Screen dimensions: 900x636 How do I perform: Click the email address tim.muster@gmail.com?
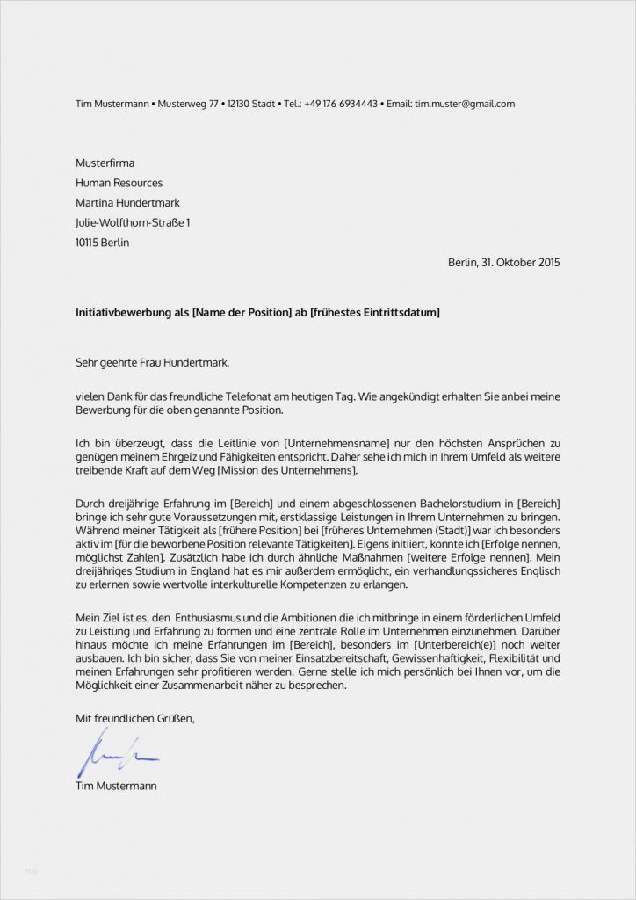tap(465, 104)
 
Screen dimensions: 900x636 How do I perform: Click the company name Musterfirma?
tap(105, 163)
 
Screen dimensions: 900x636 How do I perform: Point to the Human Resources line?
tap(119, 183)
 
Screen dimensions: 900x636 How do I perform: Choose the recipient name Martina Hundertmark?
tap(127, 203)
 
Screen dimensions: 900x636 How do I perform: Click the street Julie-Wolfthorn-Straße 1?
tap(133, 223)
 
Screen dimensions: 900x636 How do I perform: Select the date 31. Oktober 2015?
tap(518, 262)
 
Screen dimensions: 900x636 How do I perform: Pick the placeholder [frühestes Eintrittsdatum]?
tap(375, 313)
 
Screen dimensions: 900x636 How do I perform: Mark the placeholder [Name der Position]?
tap(242, 313)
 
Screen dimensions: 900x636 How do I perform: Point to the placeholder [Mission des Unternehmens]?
tap(287, 471)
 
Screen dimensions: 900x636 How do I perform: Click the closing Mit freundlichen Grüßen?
tap(135, 719)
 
